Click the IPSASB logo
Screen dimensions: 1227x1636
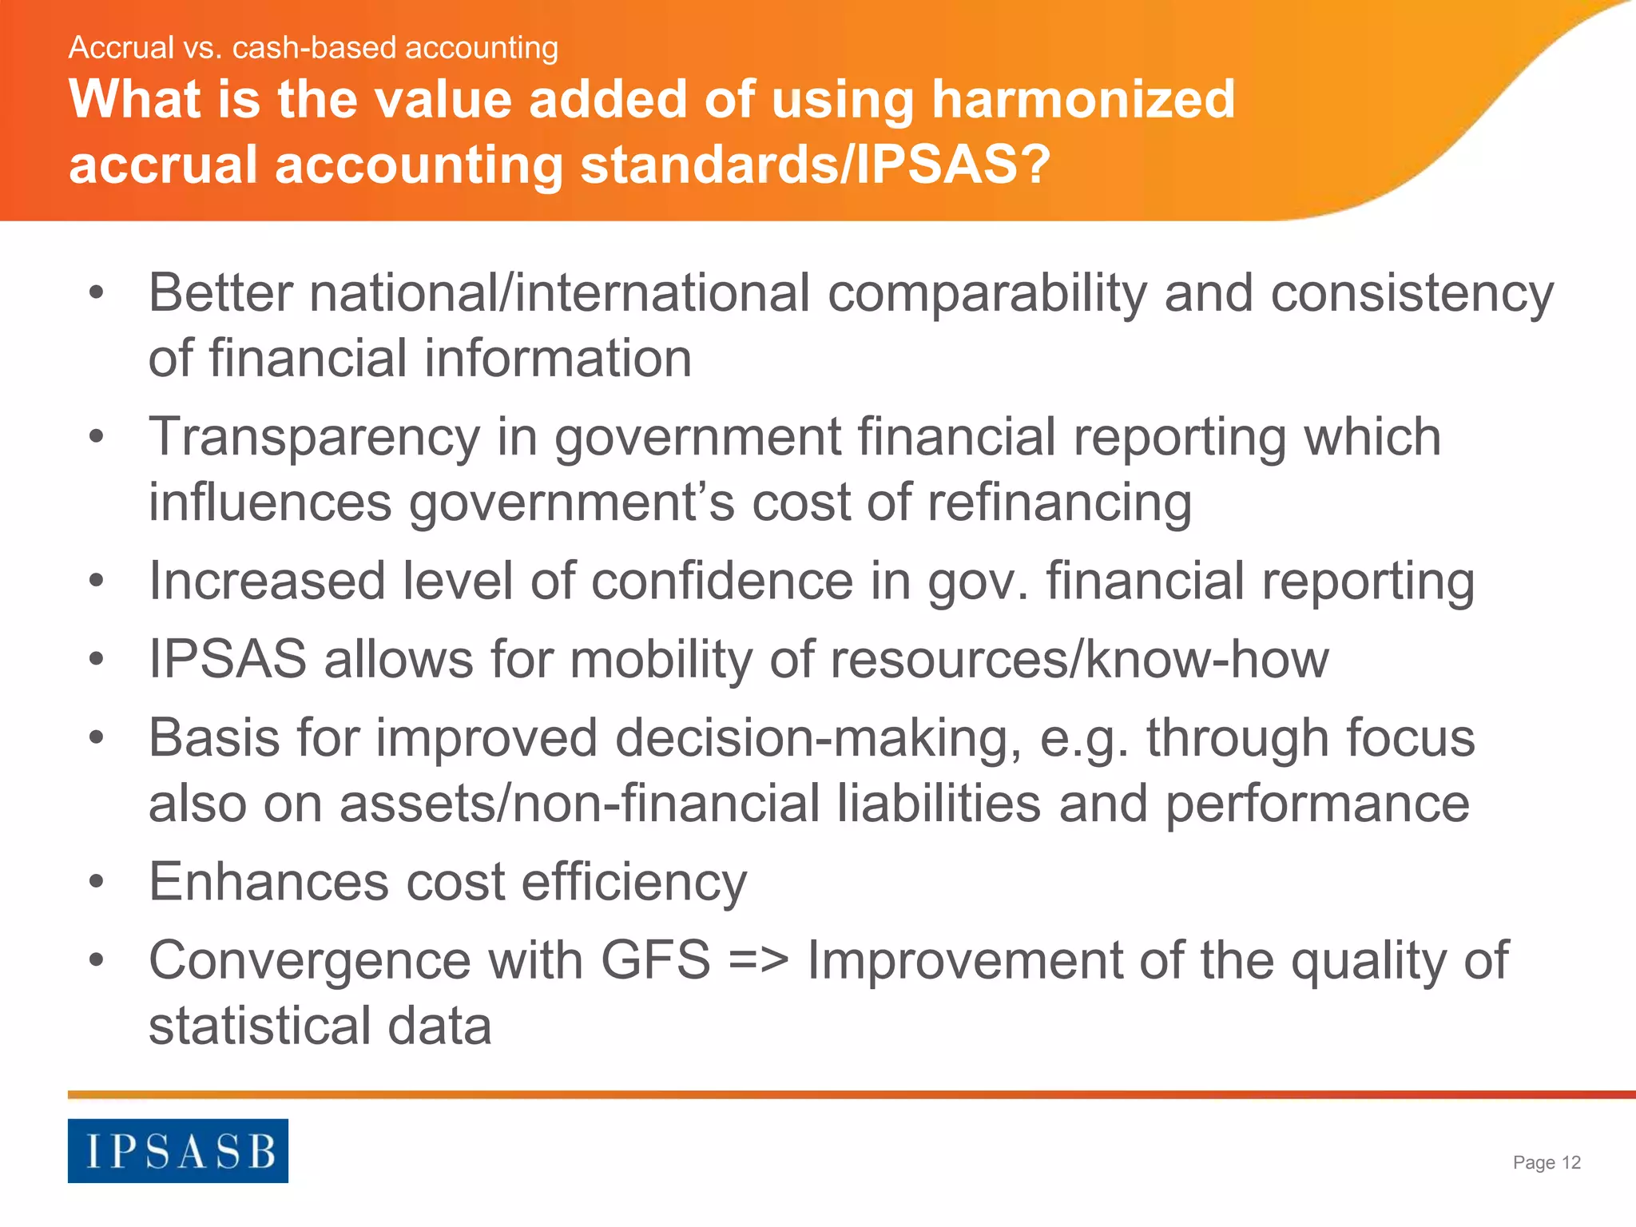[x=177, y=1150]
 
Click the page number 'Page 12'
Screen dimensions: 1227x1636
[x=1547, y=1162]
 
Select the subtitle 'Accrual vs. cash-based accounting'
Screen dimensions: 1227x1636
[x=313, y=48]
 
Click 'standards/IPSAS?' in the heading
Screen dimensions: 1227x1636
[x=815, y=165]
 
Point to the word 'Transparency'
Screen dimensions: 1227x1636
[x=315, y=438]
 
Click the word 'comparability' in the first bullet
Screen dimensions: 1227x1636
[x=987, y=294]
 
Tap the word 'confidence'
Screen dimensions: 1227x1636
[x=722, y=581]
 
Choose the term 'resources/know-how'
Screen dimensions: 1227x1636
[x=1079, y=660]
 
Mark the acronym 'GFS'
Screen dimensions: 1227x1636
[x=655, y=960]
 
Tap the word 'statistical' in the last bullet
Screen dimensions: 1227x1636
[x=260, y=1026]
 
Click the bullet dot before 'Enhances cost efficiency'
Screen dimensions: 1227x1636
[x=97, y=882]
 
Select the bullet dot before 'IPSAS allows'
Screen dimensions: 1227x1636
[x=97, y=660]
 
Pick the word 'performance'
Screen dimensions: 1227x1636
[x=1316, y=804]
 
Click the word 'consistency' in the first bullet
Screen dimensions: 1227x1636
[x=1412, y=294]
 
